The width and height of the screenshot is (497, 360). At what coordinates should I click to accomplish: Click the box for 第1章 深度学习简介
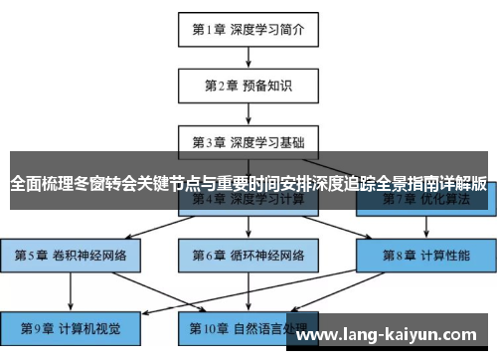(248, 29)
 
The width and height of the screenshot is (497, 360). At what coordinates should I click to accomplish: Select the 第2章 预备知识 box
(248, 86)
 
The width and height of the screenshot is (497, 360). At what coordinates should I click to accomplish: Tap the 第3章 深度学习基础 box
(248, 142)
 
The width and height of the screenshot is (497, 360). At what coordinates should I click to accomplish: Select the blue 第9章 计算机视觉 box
(71, 326)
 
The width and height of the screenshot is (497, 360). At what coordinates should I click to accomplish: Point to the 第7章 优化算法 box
(426, 200)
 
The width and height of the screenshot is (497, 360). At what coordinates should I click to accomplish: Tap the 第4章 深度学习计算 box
(248, 200)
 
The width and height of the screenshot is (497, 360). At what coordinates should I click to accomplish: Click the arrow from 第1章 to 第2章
(248, 57)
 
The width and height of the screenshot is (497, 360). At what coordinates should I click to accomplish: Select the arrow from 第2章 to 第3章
(248, 113)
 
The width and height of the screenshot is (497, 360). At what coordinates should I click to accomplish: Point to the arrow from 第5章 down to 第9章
(71, 290)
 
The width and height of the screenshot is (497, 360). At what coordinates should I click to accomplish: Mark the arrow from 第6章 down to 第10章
(248, 290)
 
